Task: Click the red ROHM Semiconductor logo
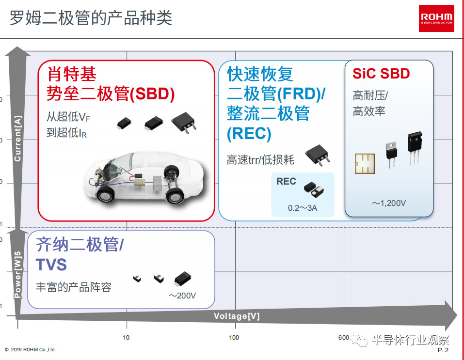tap(436, 18)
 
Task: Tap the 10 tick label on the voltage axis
tap(126, 338)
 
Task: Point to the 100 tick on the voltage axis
tap(234, 338)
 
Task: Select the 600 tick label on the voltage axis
tap(344, 338)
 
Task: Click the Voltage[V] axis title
tap(237, 316)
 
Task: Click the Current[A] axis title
tap(18, 139)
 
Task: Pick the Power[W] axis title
tap(18, 274)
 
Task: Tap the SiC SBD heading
tap(381, 73)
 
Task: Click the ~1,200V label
tap(389, 203)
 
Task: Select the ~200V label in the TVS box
tap(182, 296)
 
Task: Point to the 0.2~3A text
tap(303, 208)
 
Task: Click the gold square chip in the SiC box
tap(365, 164)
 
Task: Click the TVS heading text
tap(51, 265)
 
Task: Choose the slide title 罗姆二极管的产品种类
tap(91, 18)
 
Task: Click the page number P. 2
tap(443, 350)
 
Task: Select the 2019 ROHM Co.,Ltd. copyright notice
tap(30, 350)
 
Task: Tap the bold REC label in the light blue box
tap(286, 181)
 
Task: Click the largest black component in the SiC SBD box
tap(415, 147)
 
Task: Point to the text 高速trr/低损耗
tap(260, 160)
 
